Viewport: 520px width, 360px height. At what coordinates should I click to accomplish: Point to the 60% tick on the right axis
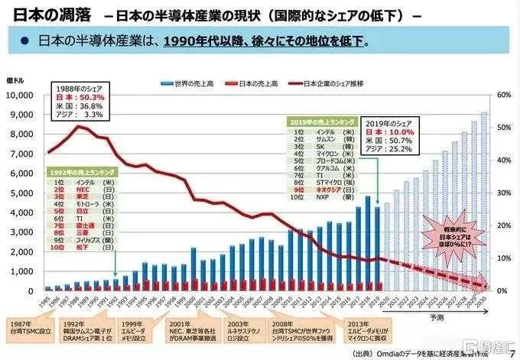coord(502,95)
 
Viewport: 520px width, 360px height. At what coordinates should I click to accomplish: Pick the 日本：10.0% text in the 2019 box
coord(390,132)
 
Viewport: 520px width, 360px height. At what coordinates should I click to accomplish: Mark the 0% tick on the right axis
coord(502,291)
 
